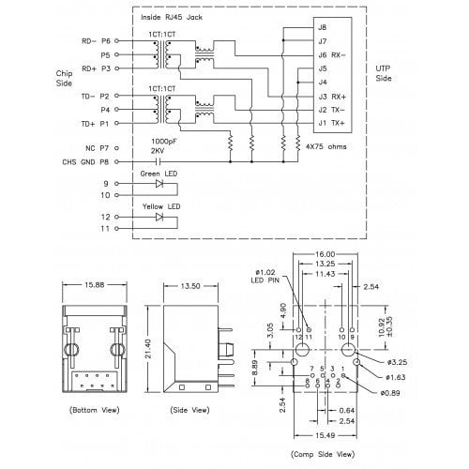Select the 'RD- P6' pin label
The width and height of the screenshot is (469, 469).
(x=97, y=42)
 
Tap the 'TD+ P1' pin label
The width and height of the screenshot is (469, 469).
(x=97, y=123)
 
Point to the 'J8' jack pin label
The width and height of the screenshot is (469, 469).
(x=323, y=29)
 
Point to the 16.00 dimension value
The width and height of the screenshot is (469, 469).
(x=324, y=254)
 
